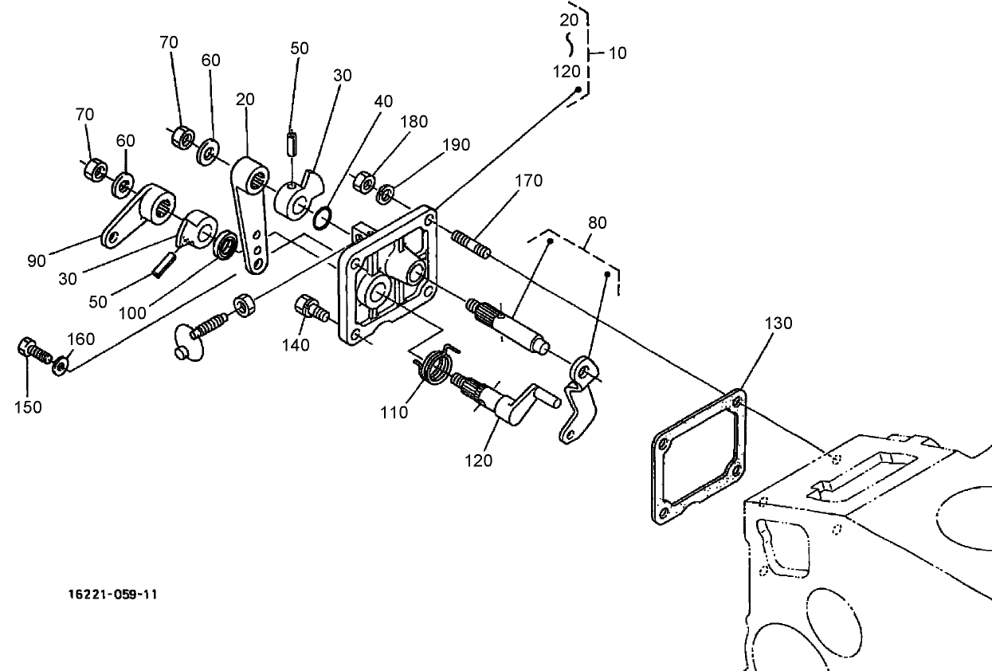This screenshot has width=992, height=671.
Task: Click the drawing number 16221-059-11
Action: click(x=112, y=594)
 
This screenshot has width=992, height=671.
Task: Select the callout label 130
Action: click(x=778, y=324)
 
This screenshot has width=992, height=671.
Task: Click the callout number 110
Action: click(x=394, y=412)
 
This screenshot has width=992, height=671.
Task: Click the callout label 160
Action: click(x=80, y=339)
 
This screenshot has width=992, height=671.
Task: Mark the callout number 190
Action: click(x=456, y=144)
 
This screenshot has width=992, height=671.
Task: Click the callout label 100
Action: click(x=132, y=313)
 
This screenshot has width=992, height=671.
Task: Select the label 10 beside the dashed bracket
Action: click(x=617, y=53)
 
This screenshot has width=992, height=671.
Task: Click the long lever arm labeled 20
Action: click(x=251, y=215)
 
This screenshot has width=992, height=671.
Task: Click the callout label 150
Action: click(x=27, y=406)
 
